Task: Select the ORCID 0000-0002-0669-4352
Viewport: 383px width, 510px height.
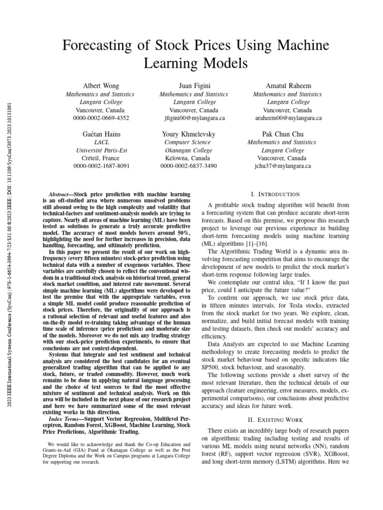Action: [x=102, y=118]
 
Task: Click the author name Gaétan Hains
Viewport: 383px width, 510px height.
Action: [x=102, y=134]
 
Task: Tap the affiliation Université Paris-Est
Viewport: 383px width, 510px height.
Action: [x=102, y=150]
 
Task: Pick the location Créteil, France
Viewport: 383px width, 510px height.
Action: [x=102, y=158]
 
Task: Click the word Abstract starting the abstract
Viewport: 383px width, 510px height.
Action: [x=61, y=193]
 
